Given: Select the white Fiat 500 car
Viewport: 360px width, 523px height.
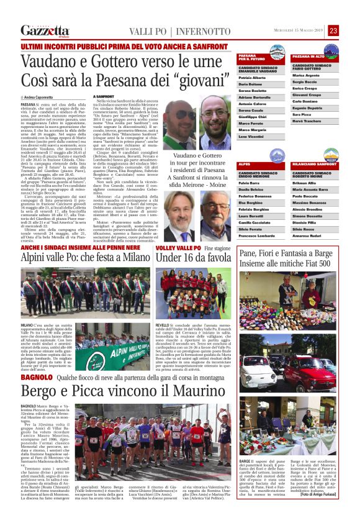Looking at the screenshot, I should (x=256, y=366).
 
